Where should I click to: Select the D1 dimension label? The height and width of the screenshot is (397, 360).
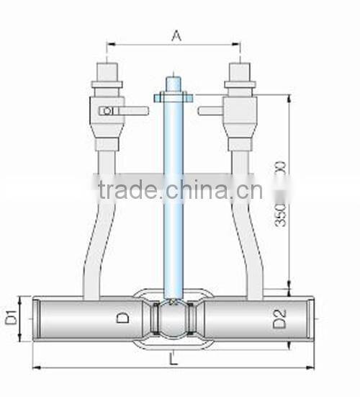point(12,316)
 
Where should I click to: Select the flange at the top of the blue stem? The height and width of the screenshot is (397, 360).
point(173,96)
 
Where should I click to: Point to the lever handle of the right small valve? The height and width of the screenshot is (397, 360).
point(212,110)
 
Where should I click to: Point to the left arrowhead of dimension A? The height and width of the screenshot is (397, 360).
point(109,45)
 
